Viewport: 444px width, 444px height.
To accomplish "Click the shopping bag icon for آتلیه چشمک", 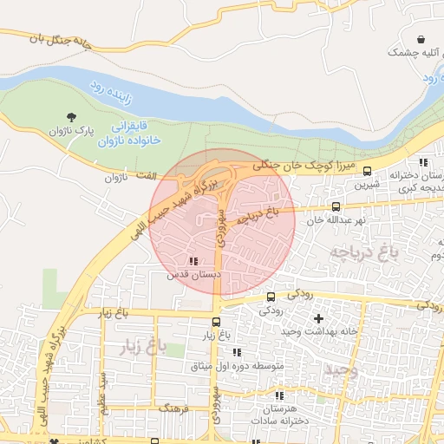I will pos(421,40).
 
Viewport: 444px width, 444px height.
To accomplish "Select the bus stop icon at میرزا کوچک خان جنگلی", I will pos(368,171).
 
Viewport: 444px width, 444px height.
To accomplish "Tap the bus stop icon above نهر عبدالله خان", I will pos(336,206).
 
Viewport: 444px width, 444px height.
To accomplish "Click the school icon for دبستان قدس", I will pos(192,260).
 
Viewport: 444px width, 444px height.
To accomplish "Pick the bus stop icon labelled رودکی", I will pos(270,297).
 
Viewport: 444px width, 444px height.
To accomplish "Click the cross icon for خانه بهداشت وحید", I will pos(317,318).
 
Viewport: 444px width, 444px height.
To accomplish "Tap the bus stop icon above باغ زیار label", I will pos(216,322).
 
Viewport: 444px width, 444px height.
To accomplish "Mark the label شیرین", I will pos(369,185).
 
